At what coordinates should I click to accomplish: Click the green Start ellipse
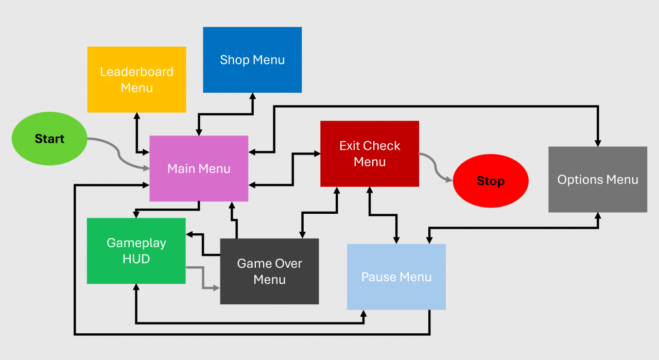[x=49, y=139]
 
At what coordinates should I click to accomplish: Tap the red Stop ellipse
[x=491, y=181]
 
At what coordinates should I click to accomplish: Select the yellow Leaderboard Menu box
[x=136, y=79]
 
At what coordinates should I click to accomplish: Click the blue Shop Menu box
[x=252, y=60]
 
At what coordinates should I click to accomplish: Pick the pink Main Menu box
[x=199, y=168]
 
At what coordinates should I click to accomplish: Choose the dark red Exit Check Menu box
[x=370, y=153]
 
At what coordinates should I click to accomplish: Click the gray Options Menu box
[x=598, y=179]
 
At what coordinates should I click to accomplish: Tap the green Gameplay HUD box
[x=136, y=250]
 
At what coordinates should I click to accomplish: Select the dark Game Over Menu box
[x=269, y=271]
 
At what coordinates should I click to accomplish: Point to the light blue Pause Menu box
[x=396, y=277]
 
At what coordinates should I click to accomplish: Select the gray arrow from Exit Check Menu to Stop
[x=436, y=168]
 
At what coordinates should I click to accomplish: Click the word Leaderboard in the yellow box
[x=136, y=72]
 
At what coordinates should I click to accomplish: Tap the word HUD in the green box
[x=136, y=259]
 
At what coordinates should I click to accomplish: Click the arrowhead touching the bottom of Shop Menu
[x=252, y=96]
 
